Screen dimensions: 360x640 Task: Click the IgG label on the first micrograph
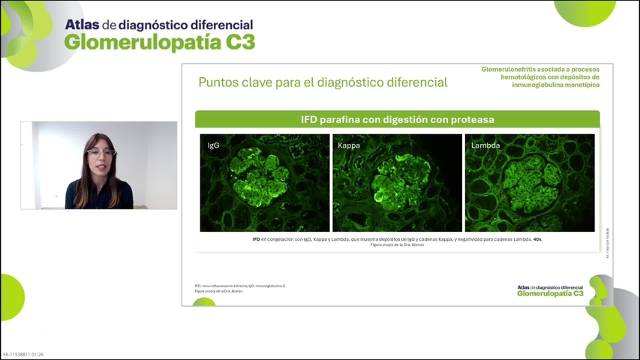(x=214, y=145)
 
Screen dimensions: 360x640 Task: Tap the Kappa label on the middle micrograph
(x=349, y=145)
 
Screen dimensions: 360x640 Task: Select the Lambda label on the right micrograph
(x=485, y=145)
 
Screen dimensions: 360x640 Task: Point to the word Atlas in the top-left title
(x=81, y=24)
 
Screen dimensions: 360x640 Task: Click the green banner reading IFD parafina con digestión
(x=397, y=119)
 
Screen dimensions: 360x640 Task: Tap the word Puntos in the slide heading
(x=218, y=82)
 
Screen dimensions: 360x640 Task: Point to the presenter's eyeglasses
(x=101, y=153)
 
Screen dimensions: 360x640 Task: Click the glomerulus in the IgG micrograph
(x=260, y=175)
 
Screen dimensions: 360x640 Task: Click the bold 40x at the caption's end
(x=537, y=239)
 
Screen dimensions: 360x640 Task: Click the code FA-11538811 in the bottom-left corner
(x=20, y=354)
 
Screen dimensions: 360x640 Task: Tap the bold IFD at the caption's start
(x=257, y=239)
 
